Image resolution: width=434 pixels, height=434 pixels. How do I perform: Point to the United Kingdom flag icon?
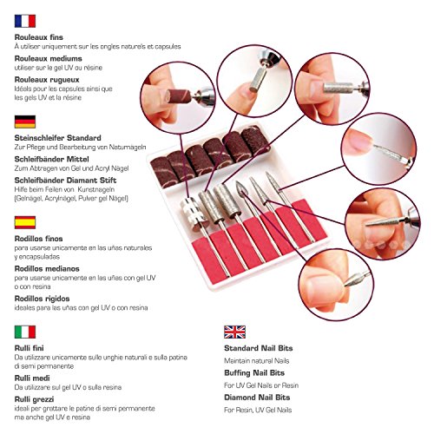pyautogui.click(x=234, y=332)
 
